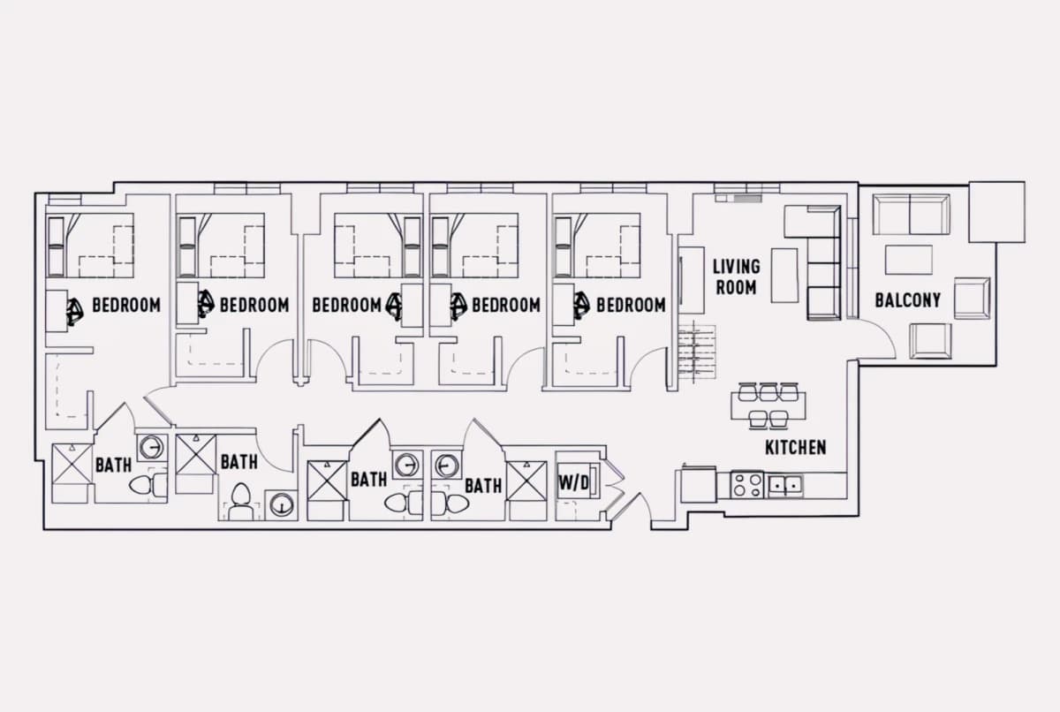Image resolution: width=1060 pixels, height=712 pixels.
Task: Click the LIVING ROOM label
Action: [737, 276]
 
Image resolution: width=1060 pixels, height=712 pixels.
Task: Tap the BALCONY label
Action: [908, 300]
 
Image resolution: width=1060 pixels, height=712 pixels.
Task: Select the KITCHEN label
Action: [796, 447]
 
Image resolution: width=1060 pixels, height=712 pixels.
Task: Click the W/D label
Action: [573, 483]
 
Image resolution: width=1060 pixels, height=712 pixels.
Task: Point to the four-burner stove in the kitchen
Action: [747, 485]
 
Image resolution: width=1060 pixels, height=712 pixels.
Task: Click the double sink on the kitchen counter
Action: [785, 484]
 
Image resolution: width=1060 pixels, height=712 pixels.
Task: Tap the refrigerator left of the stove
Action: [699, 485]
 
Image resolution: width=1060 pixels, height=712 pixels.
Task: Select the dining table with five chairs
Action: [768, 406]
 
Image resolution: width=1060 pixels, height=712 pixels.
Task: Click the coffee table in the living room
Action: [784, 276]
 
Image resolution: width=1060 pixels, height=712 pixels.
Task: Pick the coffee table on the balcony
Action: [909, 260]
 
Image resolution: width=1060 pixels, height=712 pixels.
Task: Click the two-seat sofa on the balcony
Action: [911, 215]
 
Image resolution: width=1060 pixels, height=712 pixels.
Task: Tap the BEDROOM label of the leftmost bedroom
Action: [126, 305]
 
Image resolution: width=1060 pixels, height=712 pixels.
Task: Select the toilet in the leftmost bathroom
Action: [148, 485]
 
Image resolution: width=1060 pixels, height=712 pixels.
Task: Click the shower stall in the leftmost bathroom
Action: [72, 464]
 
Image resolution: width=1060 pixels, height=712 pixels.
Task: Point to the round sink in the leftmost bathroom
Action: [151, 447]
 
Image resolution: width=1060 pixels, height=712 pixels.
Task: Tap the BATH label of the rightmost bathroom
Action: [483, 486]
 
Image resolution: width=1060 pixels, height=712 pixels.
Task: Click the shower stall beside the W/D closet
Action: [526, 481]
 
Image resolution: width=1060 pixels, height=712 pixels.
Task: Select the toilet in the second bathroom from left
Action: [240, 502]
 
